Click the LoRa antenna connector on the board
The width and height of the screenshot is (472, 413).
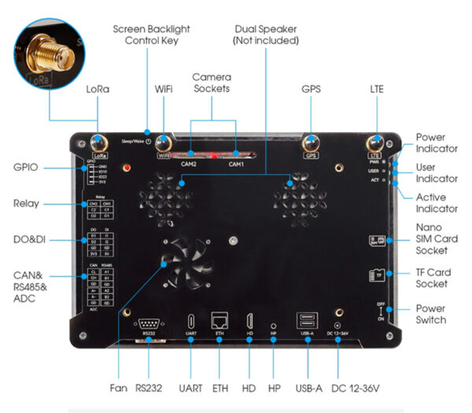[99, 143]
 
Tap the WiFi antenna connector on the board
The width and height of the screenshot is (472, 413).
[164, 143]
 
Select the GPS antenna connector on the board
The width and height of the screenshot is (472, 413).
[310, 143]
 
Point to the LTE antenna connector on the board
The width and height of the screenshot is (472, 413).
[375, 143]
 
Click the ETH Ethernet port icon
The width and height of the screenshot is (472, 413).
[219, 321]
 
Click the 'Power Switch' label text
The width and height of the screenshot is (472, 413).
[431, 314]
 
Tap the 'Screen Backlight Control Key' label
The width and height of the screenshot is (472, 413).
[151, 35]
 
